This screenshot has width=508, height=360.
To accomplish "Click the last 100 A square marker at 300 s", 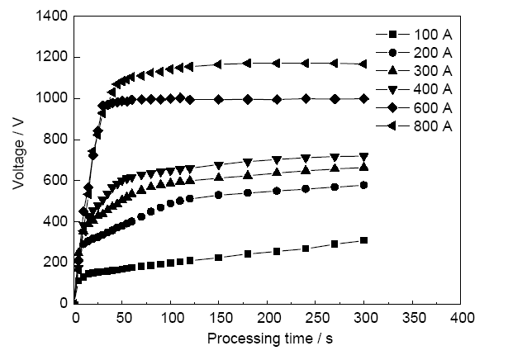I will coord(364,240).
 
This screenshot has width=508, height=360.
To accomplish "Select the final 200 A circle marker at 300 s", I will coord(364,185).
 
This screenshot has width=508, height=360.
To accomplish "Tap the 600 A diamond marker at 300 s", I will coord(364,98).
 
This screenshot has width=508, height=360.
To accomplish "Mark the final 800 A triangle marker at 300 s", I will coord(363,64).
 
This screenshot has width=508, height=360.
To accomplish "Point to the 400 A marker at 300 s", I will coord(364,156).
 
